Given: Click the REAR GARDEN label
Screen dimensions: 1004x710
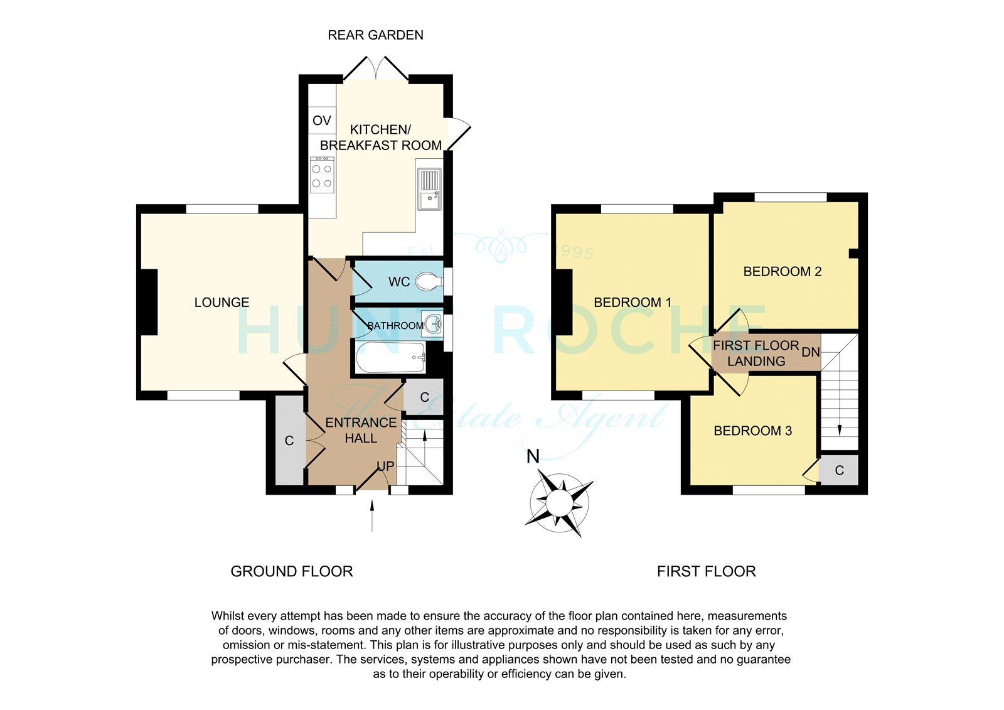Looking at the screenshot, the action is (x=376, y=35).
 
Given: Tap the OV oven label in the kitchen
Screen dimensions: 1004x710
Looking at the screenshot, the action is (x=322, y=120).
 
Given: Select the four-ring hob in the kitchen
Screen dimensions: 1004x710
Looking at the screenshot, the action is (x=322, y=175).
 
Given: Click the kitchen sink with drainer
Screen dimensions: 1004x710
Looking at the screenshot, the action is (x=429, y=189).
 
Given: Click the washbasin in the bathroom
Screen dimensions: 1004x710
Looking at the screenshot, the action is (x=434, y=324).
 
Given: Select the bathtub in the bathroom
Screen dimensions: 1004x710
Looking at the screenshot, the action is (x=390, y=357).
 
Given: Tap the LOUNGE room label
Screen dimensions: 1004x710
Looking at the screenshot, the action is (x=222, y=303).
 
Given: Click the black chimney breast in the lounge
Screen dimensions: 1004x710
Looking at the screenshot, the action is (x=150, y=302).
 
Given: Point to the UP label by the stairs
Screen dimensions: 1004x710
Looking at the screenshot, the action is (x=385, y=466).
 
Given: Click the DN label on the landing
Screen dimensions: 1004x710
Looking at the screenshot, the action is (x=810, y=352).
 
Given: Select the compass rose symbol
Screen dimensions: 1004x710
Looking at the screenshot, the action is (x=559, y=503).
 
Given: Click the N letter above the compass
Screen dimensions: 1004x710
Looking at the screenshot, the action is (x=533, y=456).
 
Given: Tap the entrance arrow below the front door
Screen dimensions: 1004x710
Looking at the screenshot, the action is (x=372, y=516).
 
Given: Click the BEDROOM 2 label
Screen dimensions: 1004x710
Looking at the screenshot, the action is (x=782, y=271).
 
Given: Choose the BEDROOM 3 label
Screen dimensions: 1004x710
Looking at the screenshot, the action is (x=752, y=431).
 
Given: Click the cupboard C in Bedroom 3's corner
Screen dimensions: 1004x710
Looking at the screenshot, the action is (x=839, y=470).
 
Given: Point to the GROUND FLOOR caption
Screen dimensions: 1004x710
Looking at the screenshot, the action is (x=292, y=571).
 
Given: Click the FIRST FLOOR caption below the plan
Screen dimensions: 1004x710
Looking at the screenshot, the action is (x=707, y=571).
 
